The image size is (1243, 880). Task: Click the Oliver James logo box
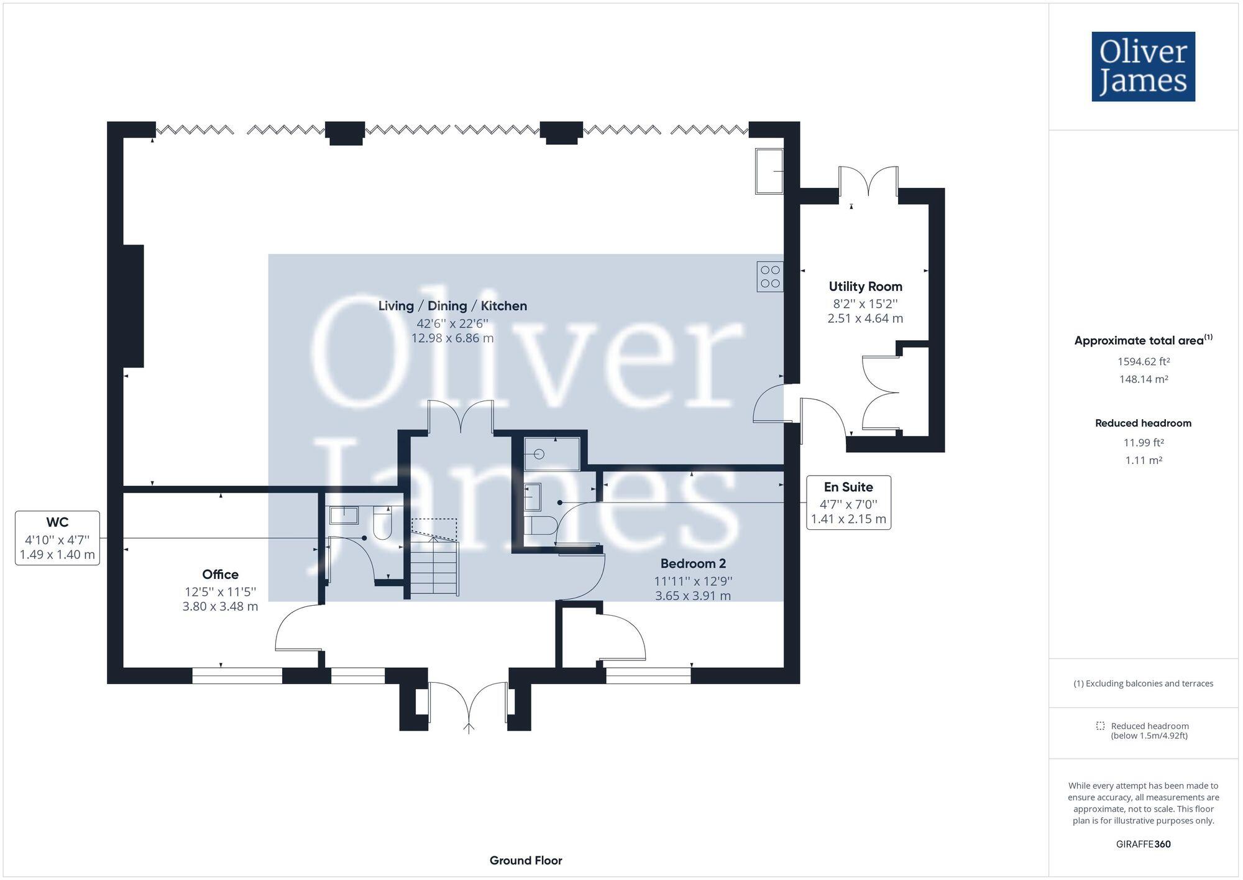pyautogui.click(x=1143, y=67)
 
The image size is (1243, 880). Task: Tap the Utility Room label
pyautogui.click(x=865, y=287)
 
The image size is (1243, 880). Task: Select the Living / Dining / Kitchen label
pyautogui.click(x=452, y=306)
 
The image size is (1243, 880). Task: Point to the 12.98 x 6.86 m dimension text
pyautogui.click(x=452, y=338)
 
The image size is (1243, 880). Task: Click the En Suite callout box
pyautogui.click(x=848, y=503)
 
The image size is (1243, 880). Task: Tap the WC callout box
pyautogui.click(x=57, y=538)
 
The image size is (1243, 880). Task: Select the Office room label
pyautogui.click(x=220, y=574)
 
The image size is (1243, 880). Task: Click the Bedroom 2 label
pyautogui.click(x=693, y=563)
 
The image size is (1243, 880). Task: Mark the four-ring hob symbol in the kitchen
pyautogui.click(x=770, y=277)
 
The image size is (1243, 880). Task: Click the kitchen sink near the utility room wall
pyautogui.click(x=769, y=171)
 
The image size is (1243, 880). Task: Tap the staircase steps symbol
pyautogui.click(x=434, y=567)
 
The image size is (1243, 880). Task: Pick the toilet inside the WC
pyautogui.click(x=382, y=522)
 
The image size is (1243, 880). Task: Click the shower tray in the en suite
pyautogui.click(x=551, y=453)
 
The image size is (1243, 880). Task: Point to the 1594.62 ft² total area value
pyautogui.click(x=1143, y=361)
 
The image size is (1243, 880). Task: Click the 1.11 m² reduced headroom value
pyautogui.click(x=1143, y=460)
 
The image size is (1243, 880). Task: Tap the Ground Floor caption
pyautogui.click(x=526, y=860)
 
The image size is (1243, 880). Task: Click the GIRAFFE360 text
pyautogui.click(x=1143, y=844)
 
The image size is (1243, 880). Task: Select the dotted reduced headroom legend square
pyautogui.click(x=1100, y=726)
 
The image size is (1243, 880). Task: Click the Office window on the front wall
pyautogui.click(x=237, y=676)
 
